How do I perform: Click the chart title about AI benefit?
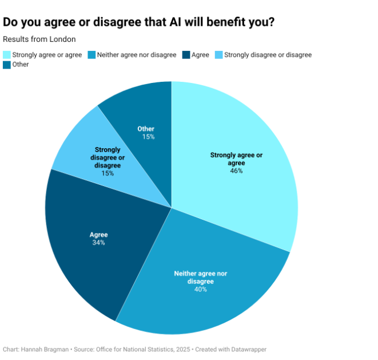point(138,22)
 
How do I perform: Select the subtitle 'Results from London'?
point(39,39)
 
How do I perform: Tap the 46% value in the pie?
point(236,171)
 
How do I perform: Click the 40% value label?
point(200,289)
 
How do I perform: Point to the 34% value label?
point(98,243)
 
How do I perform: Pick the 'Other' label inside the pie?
point(146,129)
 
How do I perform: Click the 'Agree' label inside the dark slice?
point(98,235)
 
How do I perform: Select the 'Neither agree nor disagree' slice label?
point(200,277)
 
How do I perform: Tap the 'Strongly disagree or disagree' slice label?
point(108,157)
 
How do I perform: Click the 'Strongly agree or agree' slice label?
point(236,159)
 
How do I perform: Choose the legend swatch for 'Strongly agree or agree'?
point(7,55)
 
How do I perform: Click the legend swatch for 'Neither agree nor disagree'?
point(91,55)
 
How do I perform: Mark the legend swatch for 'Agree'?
point(186,55)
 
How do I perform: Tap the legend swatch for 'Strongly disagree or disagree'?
point(218,55)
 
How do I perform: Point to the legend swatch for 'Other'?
point(7,65)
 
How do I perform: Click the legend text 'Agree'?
point(200,55)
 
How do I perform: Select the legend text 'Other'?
point(21,65)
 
